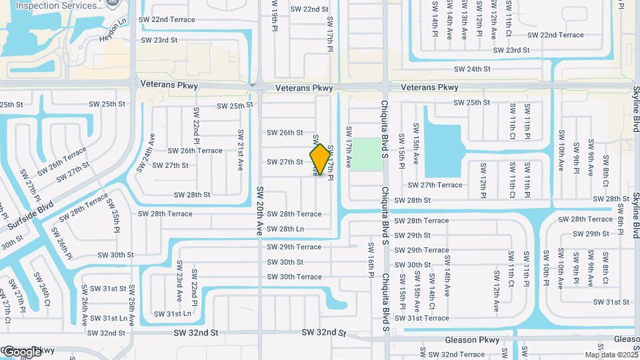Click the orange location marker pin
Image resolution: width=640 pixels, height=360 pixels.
pos(320,159)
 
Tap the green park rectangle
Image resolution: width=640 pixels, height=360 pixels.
pos(364,154)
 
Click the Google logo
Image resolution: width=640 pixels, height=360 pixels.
pos(21,351)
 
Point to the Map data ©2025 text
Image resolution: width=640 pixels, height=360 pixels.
pos(611,355)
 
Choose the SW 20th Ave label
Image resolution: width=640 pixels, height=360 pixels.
pos(260,209)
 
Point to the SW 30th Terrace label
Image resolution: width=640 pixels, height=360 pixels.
pos(294,277)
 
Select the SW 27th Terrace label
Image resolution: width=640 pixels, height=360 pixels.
pos(435,185)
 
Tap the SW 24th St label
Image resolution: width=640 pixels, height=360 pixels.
pos(472,69)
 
